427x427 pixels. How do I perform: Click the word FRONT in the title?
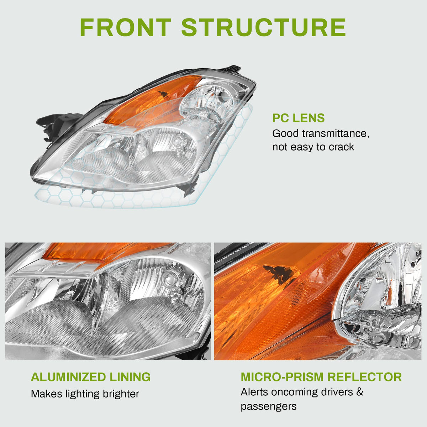[125, 27]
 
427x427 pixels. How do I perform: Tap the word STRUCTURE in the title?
[263, 27]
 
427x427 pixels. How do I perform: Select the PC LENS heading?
[298, 118]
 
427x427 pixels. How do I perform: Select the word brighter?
[121, 394]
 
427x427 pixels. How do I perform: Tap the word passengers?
[269, 407]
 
